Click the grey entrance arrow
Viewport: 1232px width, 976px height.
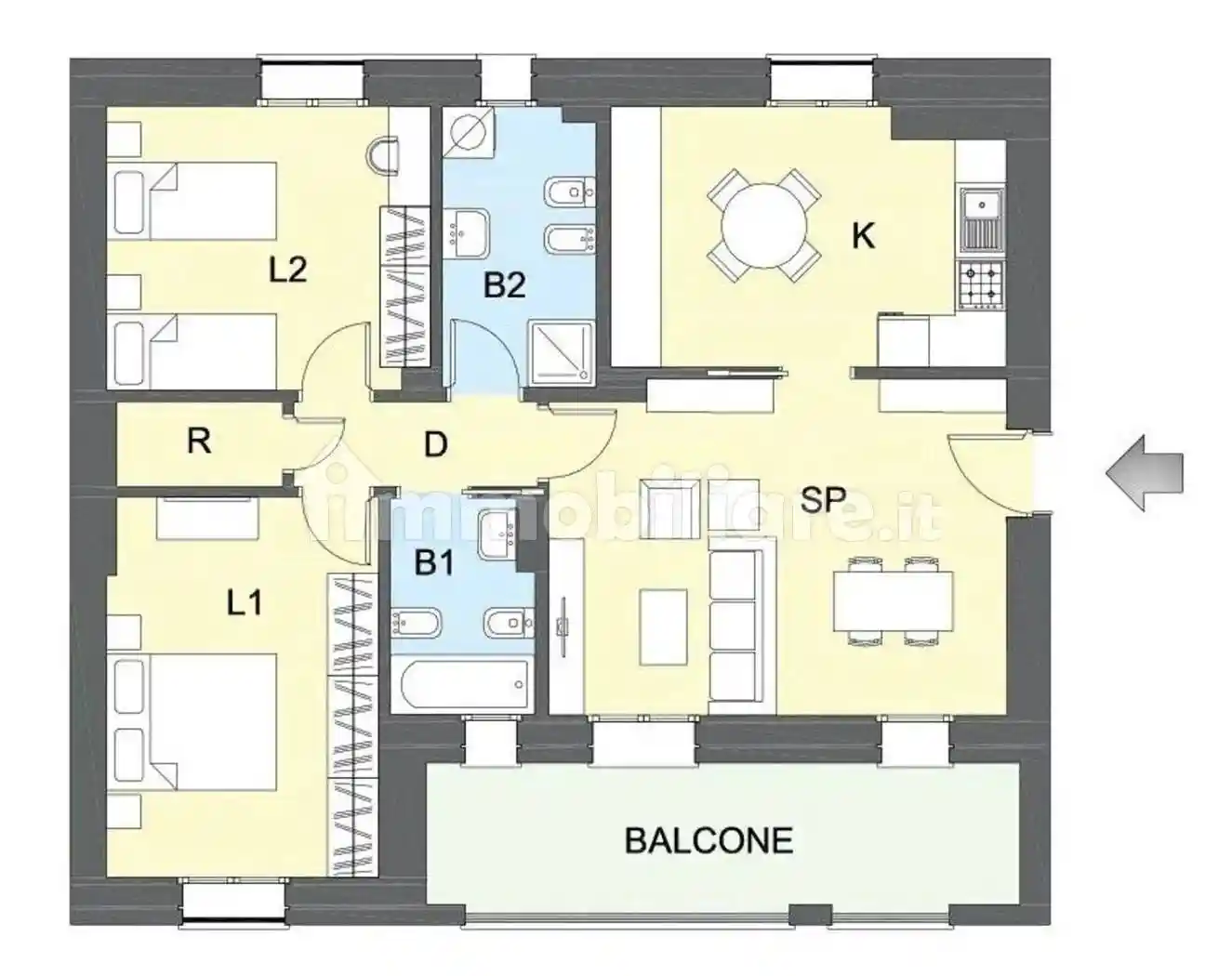tap(1144, 473)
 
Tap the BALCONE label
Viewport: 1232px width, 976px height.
tap(709, 841)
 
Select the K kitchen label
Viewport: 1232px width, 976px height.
tap(863, 236)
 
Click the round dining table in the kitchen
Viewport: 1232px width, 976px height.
tap(764, 225)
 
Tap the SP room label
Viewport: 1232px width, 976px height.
tap(823, 499)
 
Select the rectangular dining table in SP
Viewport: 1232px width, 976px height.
tap(894, 600)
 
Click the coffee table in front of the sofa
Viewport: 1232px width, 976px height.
tap(663, 626)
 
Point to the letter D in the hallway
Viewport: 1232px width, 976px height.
tap(436, 444)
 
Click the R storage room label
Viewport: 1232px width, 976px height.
tap(199, 442)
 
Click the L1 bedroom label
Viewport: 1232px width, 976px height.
tap(245, 602)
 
